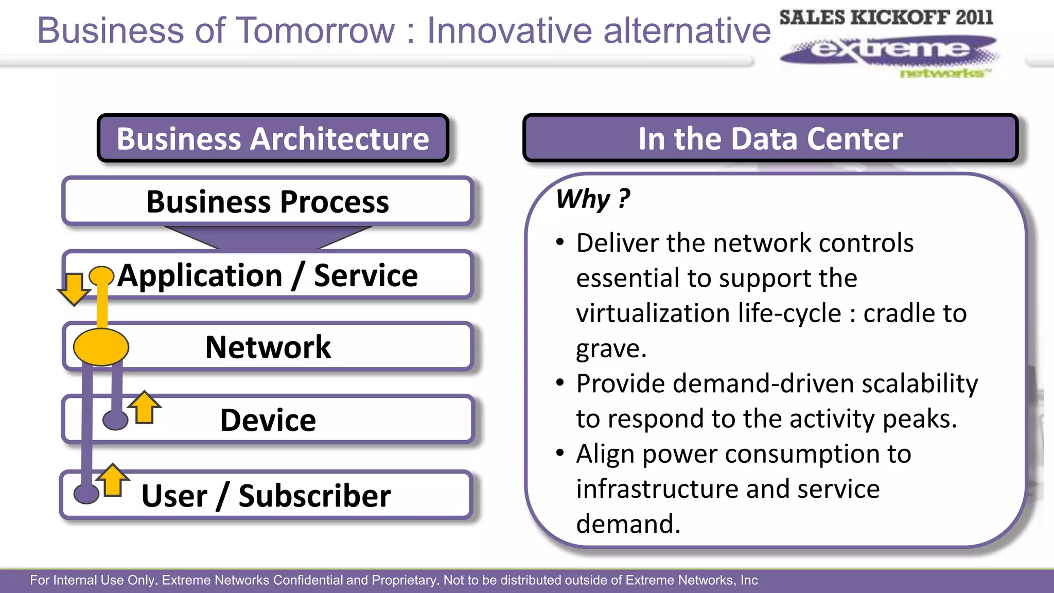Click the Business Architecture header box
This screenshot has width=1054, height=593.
click(x=273, y=138)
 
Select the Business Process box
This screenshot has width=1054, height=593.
click(x=268, y=201)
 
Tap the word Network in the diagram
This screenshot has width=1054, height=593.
click(x=268, y=347)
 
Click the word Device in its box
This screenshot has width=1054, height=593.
click(x=268, y=420)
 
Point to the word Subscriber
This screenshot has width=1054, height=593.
click(x=314, y=496)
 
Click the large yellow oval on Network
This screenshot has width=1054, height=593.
click(x=101, y=347)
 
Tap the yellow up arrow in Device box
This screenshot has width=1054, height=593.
click(x=144, y=408)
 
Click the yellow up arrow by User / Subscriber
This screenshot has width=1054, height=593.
click(x=112, y=481)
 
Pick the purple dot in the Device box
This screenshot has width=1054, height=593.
click(x=115, y=420)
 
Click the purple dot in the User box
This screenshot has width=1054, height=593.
click(x=86, y=494)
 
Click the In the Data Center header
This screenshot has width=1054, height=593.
click(x=770, y=138)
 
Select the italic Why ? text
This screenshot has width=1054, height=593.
click(x=593, y=199)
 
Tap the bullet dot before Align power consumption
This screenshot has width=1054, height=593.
click(x=560, y=453)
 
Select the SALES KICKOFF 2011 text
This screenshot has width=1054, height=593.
click(x=886, y=18)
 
